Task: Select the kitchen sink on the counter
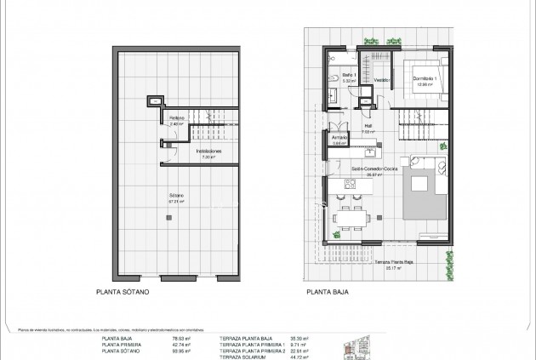[369, 155]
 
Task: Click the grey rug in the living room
[419, 183]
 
